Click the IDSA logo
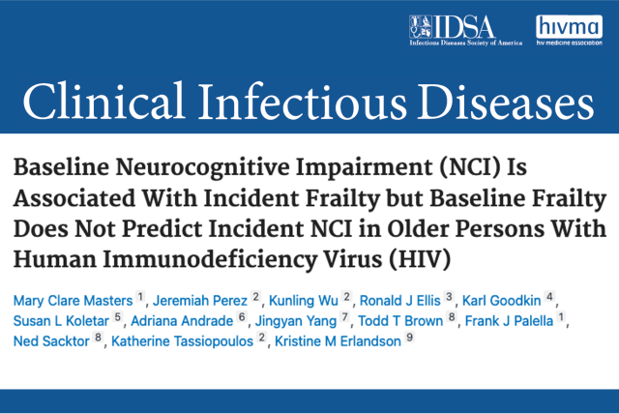467,30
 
